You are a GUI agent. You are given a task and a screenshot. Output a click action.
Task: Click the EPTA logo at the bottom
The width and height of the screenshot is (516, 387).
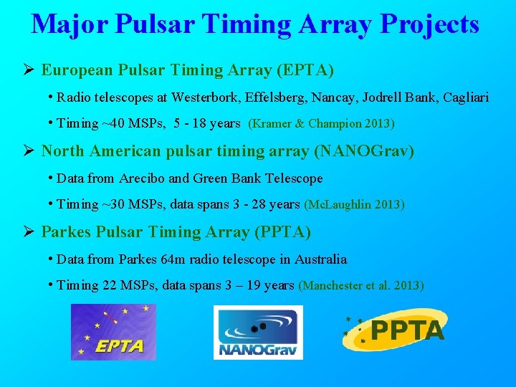click(x=113, y=332)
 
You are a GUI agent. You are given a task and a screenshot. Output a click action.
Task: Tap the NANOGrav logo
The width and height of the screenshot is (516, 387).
click(x=258, y=332)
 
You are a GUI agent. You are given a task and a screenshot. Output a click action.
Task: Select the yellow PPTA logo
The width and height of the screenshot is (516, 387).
click(x=394, y=330)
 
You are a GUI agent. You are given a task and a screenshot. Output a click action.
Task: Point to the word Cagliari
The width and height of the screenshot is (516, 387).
click(x=466, y=97)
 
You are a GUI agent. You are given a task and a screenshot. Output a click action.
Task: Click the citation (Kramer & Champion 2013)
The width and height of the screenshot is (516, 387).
click(x=321, y=124)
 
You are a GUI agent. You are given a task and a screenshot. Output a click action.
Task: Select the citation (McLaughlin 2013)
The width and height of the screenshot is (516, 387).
click(x=354, y=205)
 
